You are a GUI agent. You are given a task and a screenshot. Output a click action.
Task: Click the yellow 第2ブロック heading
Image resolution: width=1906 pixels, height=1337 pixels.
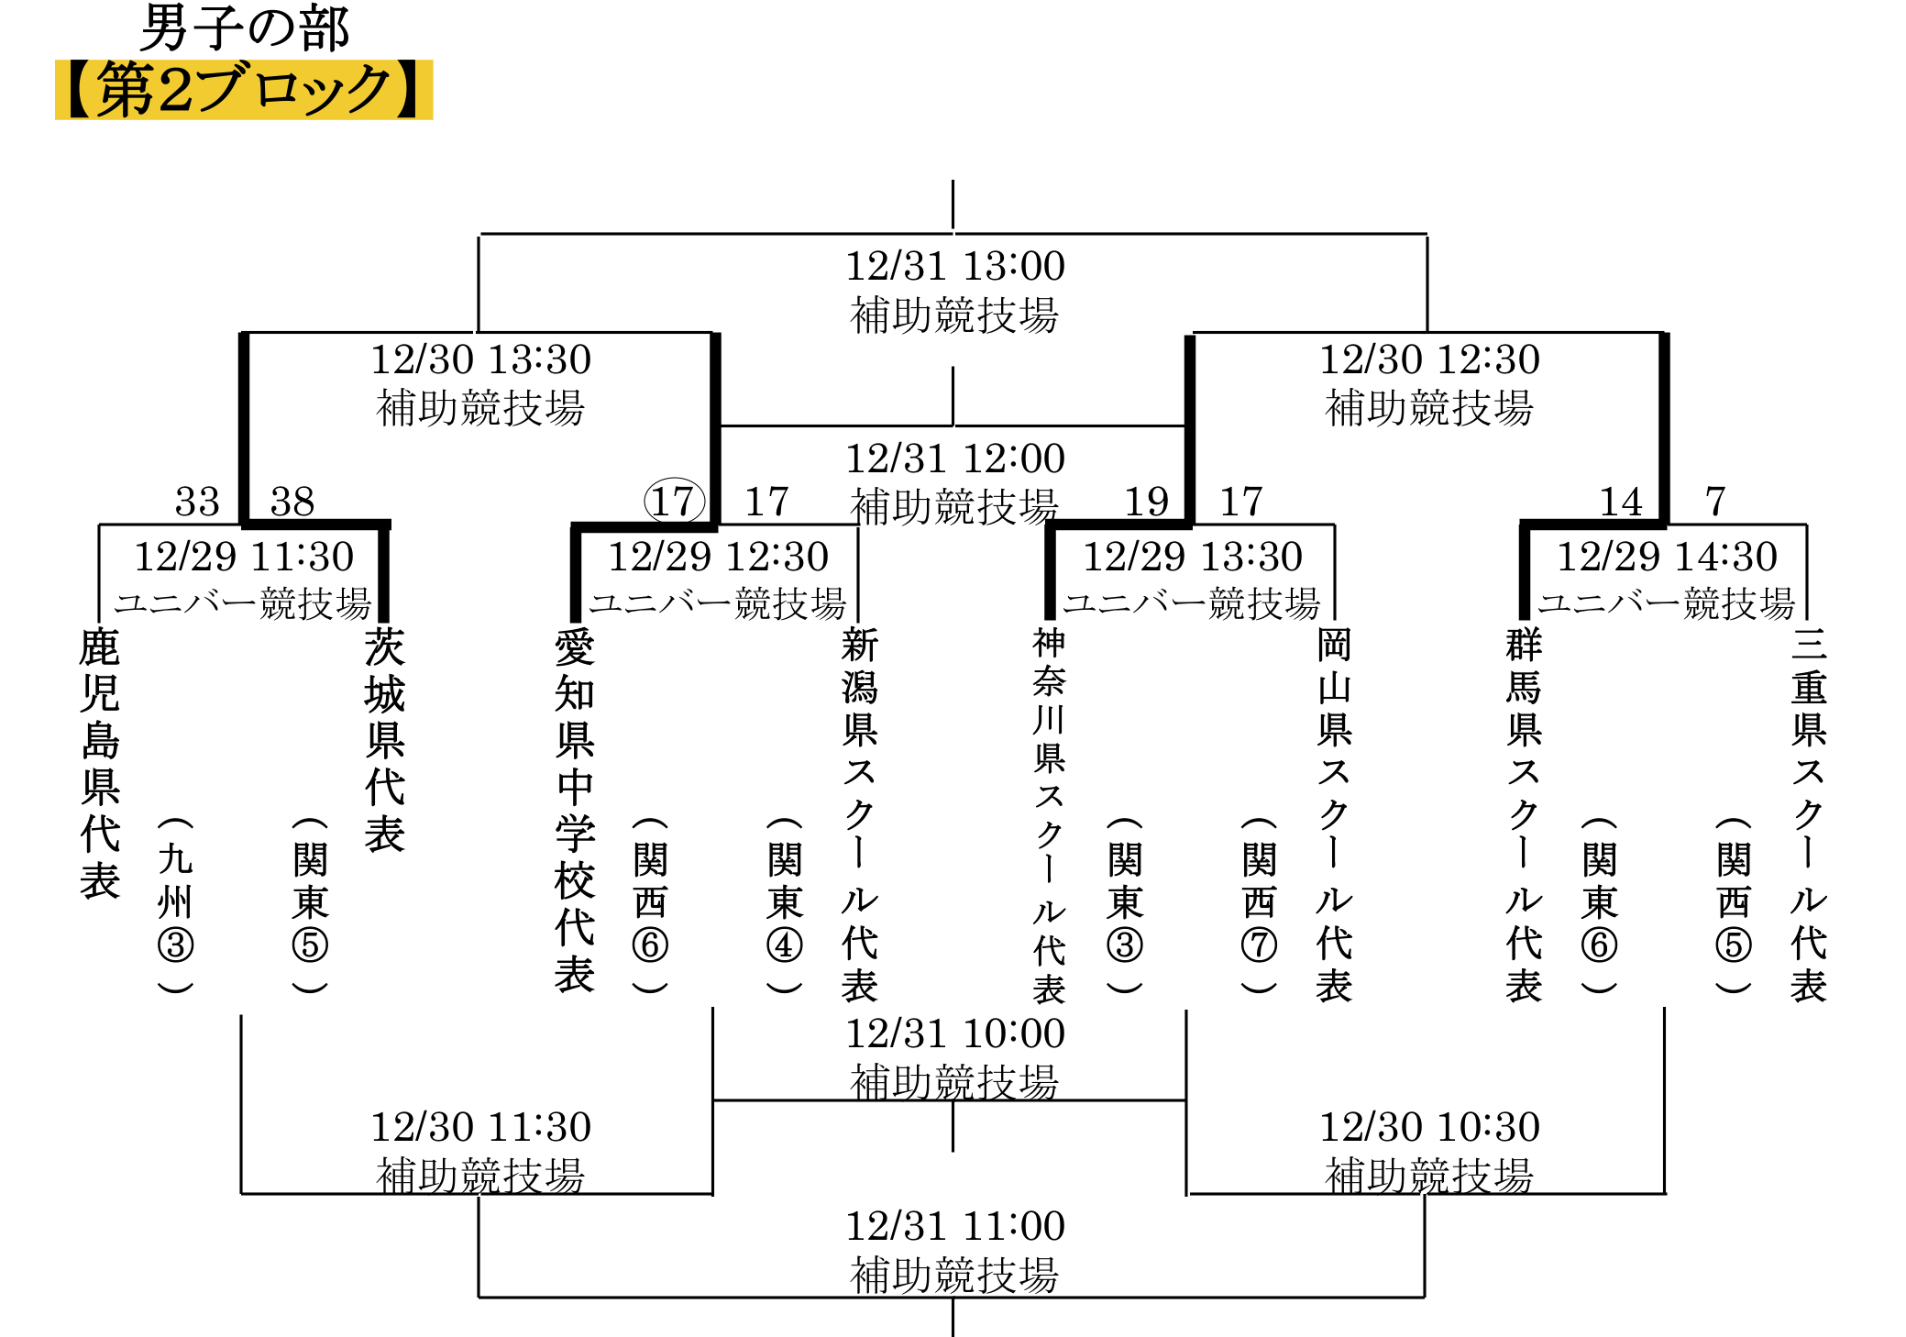(x=244, y=90)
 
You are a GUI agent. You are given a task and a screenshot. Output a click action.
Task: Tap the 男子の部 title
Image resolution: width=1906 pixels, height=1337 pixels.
(x=245, y=28)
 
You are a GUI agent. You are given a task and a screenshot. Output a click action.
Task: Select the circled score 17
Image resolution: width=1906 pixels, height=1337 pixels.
(x=675, y=502)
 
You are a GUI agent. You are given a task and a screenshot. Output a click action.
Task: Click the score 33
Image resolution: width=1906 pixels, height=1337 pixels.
(x=197, y=502)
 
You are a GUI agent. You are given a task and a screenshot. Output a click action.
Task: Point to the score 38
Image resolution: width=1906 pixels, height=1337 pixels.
(x=292, y=502)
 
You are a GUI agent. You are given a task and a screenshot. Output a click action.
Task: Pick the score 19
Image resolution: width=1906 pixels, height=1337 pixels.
(x=1147, y=502)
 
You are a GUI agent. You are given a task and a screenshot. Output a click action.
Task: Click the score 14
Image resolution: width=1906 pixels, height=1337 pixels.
(x=1621, y=502)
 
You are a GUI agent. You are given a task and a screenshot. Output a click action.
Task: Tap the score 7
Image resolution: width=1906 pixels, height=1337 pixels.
(x=1715, y=502)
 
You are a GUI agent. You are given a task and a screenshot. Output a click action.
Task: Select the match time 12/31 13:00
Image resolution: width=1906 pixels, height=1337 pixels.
(x=954, y=267)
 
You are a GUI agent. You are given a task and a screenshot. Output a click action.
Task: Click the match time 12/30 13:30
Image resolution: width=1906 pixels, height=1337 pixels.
(x=480, y=359)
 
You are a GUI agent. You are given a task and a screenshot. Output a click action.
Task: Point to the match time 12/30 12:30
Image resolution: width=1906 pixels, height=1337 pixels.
(x=1429, y=359)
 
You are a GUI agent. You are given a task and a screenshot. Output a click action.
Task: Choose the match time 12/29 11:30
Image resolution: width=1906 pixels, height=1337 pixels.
(x=244, y=557)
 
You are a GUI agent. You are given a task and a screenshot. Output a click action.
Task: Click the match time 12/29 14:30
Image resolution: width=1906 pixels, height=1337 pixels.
(x=1668, y=557)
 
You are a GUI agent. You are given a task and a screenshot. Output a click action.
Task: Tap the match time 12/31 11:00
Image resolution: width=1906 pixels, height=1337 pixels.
(x=954, y=1226)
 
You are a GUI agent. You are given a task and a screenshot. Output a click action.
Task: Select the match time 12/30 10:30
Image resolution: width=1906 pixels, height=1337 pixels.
(x=1429, y=1127)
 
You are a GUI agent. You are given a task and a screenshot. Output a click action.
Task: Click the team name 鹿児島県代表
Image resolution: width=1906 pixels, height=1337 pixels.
(x=100, y=764)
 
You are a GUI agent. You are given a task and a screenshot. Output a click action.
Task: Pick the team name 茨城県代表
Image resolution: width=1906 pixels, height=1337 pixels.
(x=385, y=740)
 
